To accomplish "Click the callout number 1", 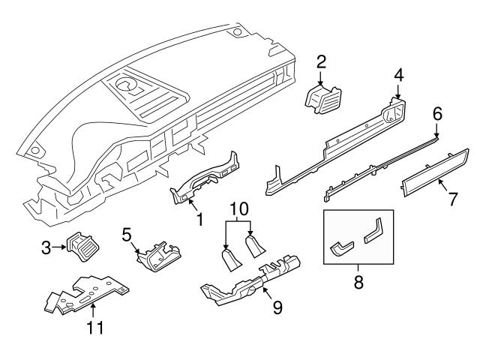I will coord(199,220).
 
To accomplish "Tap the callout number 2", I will coord(321,61).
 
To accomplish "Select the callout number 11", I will coord(94,327).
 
